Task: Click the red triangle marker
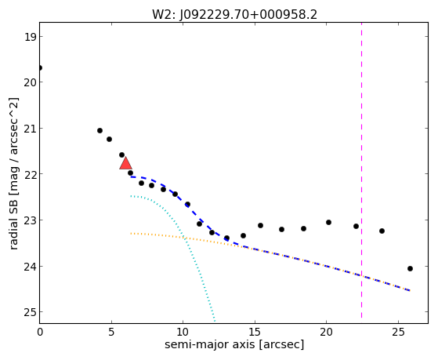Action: click(125, 163)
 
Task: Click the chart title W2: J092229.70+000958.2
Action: click(234, 15)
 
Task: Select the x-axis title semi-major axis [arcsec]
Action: click(234, 344)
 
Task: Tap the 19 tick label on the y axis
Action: click(30, 37)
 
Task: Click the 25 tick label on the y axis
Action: click(30, 312)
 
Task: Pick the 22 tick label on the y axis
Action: click(30, 174)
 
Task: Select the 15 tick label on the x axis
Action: click(255, 333)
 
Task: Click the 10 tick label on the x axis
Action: click(183, 333)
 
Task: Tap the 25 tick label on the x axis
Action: click(398, 333)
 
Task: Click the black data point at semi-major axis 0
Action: click(40, 68)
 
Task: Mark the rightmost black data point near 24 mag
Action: click(410, 268)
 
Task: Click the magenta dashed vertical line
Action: click(361, 170)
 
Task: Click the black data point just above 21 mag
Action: click(100, 131)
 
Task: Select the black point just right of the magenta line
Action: click(382, 231)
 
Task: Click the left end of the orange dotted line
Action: click(131, 233)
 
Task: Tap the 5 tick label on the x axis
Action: click(111, 333)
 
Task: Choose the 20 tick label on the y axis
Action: click(30, 82)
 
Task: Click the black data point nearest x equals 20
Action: click(328, 223)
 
